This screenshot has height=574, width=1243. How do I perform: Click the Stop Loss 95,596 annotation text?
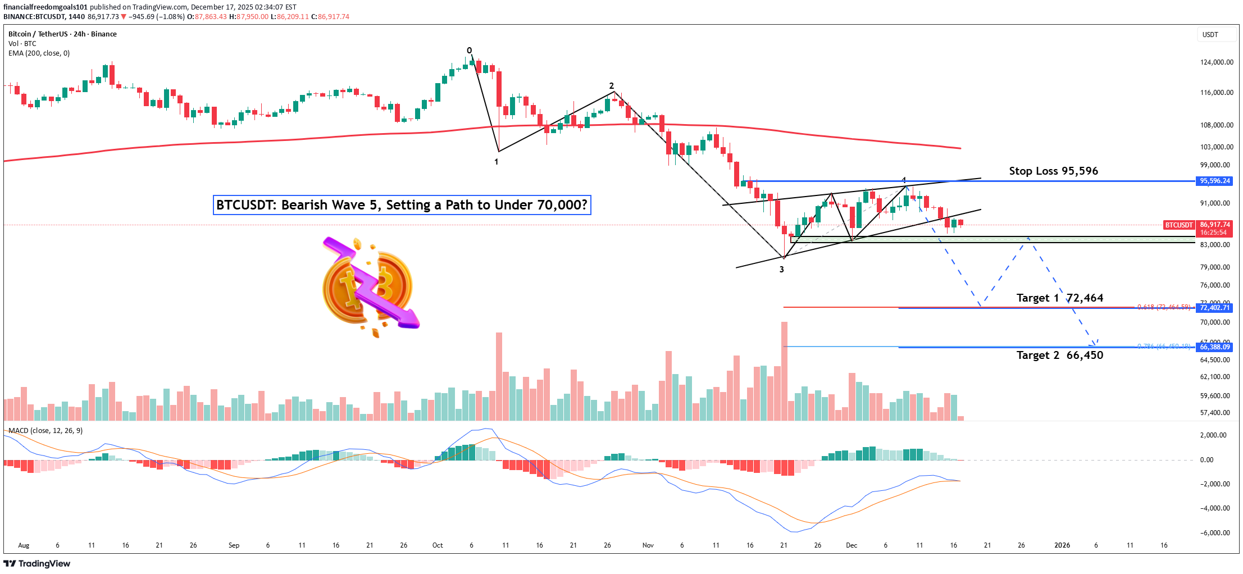(1053, 171)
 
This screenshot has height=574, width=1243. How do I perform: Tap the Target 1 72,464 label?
(1059, 298)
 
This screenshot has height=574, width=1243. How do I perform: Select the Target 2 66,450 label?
(1059, 356)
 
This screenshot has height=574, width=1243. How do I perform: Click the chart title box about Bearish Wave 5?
(402, 205)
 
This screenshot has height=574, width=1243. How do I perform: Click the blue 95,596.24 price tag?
(1214, 181)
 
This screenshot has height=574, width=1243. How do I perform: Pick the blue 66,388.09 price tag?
(1214, 347)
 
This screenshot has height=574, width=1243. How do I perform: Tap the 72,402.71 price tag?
(1214, 308)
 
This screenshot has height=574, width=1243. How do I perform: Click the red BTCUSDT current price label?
(1178, 225)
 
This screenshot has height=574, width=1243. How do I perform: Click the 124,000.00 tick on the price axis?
(1217, 62)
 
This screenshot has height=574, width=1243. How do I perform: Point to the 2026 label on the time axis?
(1062, 545)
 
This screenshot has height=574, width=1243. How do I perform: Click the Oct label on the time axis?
(438, 545)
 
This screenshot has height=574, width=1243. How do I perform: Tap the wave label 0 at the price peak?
(470, 51)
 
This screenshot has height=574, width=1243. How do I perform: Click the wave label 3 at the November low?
(781, 270)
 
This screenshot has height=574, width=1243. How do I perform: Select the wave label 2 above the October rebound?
(612, 86)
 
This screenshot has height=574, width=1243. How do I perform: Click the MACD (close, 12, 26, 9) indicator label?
(45, 431)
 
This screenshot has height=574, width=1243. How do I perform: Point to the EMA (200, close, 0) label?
(39, 53)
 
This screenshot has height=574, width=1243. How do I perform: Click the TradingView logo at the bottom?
(37, 564)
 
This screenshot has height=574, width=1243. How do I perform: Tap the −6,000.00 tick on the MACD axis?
(1215, 533)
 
